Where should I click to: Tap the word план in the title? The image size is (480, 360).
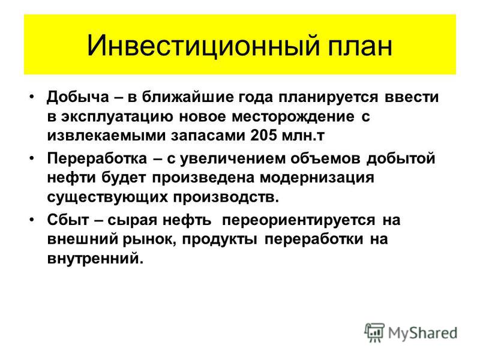pyautogui.click(x=361, y=47)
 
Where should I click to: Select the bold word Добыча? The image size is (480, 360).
pyautogui.click(x=78, y=97)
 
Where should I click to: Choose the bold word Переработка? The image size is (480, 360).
pyautogui.click(x=97, y=159)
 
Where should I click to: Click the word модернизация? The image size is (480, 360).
pyautogui.click(x=317, y=178)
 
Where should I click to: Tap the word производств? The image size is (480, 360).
pyautogui.click(x=226, y=197)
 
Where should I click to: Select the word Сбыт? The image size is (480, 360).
pyautogui.click(x=68, y=220)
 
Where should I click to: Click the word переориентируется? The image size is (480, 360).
pyautogui.click(x=298, y=221)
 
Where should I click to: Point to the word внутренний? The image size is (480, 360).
pyautogui.click(x=95, y=259)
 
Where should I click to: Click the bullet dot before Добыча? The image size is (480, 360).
pyautogui.click(x=32, y=97)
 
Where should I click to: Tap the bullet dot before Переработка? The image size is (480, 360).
pyautogui.click(x=32, y=158)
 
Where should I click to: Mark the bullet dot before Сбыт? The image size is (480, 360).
pyautogui.click(x=32, y=220)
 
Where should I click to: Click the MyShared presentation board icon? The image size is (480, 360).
pyautogui.click(x=374, y=332)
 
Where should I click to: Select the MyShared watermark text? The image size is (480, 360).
pyautogui.click(x=422, y=333)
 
